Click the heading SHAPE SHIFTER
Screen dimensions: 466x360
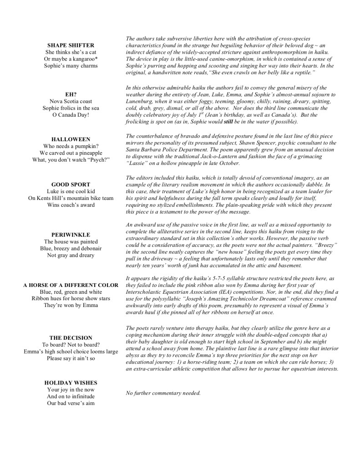tap(71, 45)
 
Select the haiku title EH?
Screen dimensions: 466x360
tap(71, 94)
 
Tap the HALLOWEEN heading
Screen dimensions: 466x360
tap(71, 139)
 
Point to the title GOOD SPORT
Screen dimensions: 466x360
tap(71, 184)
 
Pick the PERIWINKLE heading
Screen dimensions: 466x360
tap(71, 234)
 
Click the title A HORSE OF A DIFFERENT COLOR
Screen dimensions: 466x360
tap(71, 285)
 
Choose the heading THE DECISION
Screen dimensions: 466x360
tap(71, 338)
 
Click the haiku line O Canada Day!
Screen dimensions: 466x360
tap(71, 115)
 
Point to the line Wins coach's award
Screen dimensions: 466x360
tap(71, 205)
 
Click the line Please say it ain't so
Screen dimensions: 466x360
tap(71, 358)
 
